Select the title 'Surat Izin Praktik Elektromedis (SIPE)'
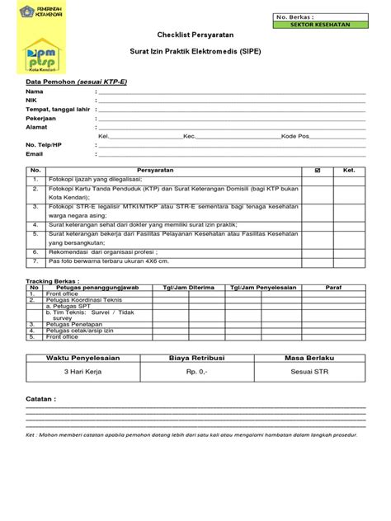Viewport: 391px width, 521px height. pyautogui.click(x=195, y=51)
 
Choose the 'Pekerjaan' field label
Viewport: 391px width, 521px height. pyautogui.click(x=41, y=117)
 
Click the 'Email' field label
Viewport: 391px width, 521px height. pyautogui.click(x=34, y=153)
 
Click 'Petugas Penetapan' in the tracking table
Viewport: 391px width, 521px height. pyautogui.click(x=73, y=325)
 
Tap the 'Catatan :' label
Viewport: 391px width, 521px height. pyautogui.click(x=42, y=398)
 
